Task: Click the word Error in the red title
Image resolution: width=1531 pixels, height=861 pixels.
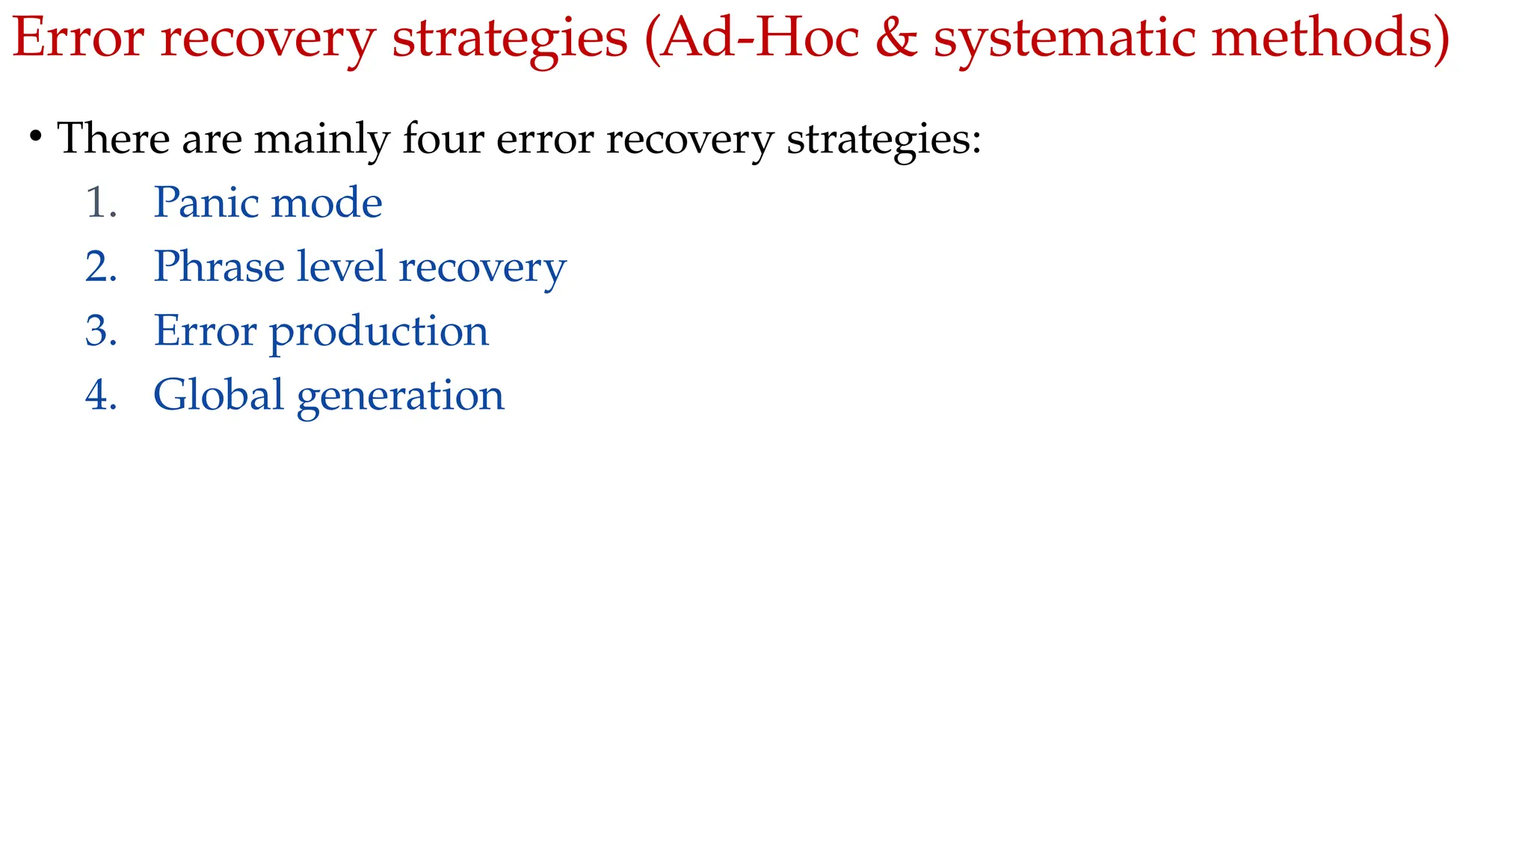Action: tap(78, 37)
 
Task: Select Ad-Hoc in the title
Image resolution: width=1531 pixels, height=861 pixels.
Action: tap(759, 37)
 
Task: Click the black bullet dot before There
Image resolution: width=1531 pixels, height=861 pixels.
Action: tap(35, 137)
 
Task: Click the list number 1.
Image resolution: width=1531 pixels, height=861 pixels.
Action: tap(99, 203)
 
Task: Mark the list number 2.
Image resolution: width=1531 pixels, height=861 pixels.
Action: tap(101, 267)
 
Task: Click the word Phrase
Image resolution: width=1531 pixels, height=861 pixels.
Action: tap(219, 267)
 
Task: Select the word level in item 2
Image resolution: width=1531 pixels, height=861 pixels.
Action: tap(341, 267)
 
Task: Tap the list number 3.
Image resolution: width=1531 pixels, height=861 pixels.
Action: tap(101, 331)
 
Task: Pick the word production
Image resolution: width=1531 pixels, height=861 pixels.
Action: tap(378, 333)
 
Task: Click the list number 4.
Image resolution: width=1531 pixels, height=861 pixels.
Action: tap(101, 395)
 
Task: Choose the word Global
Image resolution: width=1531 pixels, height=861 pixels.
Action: tap(218, 395)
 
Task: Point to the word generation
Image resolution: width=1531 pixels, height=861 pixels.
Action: tap(400, 397)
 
